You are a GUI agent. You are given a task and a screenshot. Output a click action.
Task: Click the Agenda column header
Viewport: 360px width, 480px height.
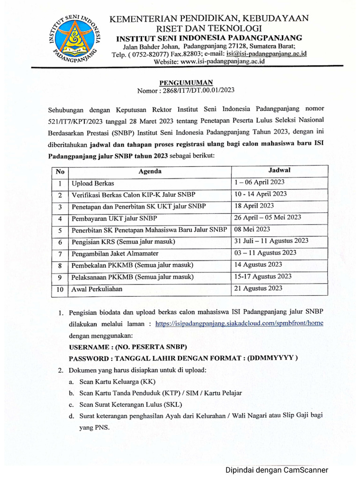coord(150,172)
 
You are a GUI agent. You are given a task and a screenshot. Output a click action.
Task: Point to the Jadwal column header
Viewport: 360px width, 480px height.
coord(279,170)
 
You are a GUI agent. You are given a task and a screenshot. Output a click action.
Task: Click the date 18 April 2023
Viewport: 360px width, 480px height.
coord(254,206)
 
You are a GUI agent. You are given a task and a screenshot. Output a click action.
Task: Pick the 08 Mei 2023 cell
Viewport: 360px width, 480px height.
coord(253,229)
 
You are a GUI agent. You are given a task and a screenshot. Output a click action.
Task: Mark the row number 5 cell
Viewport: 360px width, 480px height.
coord(60,231)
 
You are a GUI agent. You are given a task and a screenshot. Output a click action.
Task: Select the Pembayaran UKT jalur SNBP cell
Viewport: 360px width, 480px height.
coord(114,218)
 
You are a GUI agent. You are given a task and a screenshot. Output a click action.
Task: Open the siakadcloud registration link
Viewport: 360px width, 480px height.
coord(239,323)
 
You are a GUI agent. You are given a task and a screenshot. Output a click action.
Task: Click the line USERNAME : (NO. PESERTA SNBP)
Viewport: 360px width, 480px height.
coord(128,347)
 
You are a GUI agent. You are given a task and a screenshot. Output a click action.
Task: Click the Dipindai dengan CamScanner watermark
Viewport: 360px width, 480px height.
coord(277,470)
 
